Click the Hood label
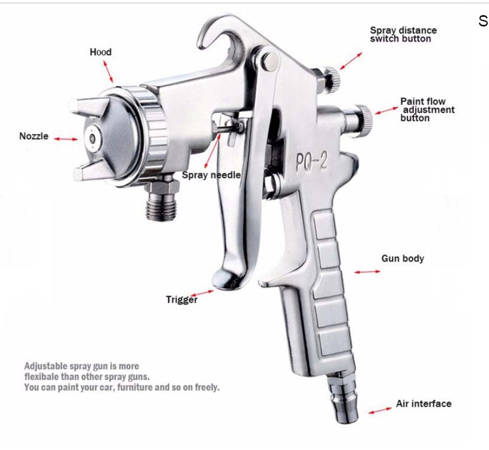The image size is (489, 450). (101, 52)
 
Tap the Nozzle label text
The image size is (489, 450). (34, 136)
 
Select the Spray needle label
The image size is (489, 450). (211, 175)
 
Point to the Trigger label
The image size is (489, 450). (182, 299)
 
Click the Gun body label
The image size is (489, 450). (403, 258)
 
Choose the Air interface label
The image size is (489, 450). (423, 404)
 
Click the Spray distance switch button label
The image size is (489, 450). (403, 35)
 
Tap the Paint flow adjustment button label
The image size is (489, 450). (427, 110)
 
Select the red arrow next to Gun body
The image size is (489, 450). (367, 271)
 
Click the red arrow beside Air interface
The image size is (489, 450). (380, 411)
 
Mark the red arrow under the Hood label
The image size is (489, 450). (110, 70)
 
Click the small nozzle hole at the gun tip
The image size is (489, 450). (93, 138)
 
